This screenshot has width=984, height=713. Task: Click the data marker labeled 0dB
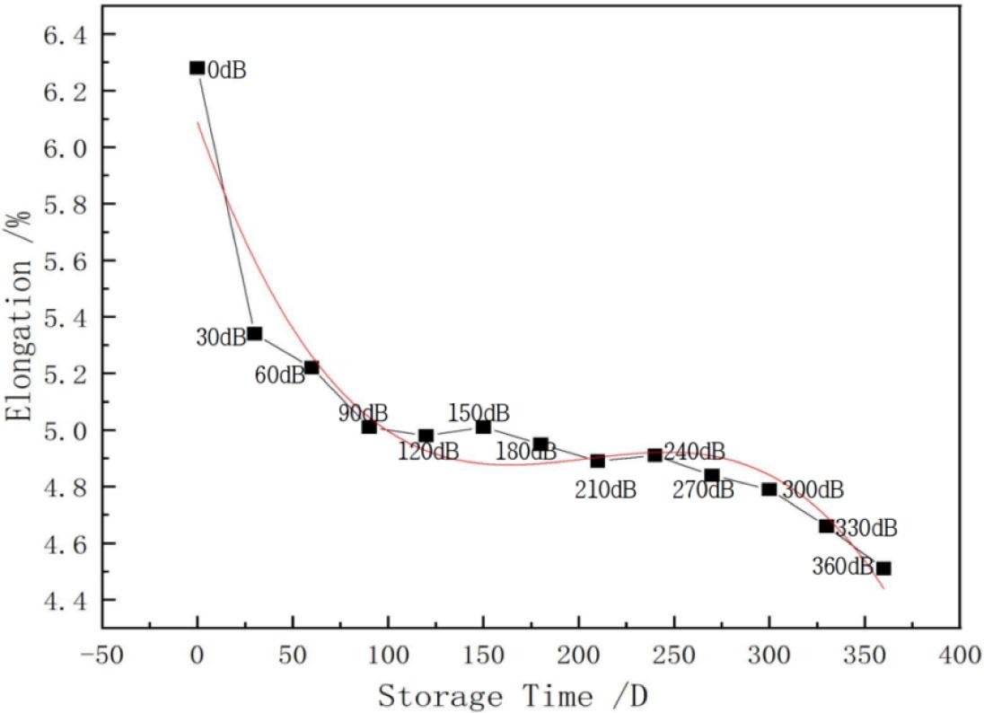coord(197,68)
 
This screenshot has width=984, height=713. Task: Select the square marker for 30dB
coord(254,333)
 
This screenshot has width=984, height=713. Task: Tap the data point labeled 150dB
coord(483,427)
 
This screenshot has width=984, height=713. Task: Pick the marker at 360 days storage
coord(883,568)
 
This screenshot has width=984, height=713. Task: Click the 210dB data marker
coord(597,461)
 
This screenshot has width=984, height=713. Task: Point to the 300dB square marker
coord(769,489)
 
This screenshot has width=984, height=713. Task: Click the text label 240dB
coord(694,452)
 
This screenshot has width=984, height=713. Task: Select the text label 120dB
coord(428,452)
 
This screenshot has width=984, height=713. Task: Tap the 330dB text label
coord(866,528)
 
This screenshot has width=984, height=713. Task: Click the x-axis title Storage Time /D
coord(513,694)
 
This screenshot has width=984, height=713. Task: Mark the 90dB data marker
coord(369,427)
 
